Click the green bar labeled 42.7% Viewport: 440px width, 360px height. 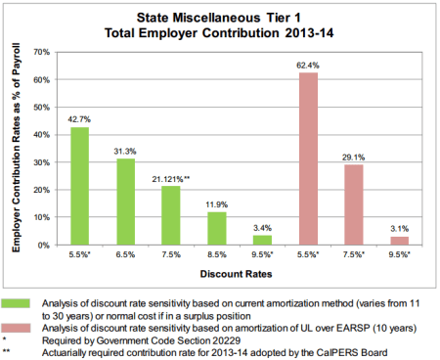80,186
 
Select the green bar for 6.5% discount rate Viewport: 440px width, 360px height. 126,202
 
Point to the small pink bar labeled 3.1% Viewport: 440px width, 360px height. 400,241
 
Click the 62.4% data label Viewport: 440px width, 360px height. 309,66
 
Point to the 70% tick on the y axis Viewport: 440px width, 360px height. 42,51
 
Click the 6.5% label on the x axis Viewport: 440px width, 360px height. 126,255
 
